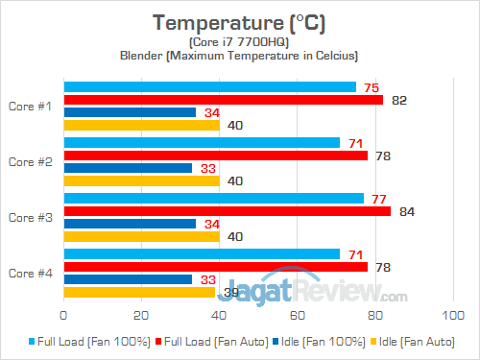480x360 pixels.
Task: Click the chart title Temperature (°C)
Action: click(x=239, y=21)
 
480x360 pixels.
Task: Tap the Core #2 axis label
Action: click(x=32, y=161)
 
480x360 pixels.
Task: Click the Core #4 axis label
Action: click(x=32, y=273)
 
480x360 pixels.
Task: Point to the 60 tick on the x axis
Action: click(x=298, y=314)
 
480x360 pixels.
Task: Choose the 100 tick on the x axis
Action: click(x=453, y=314)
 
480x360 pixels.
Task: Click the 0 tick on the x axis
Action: click(x=63, y=314)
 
